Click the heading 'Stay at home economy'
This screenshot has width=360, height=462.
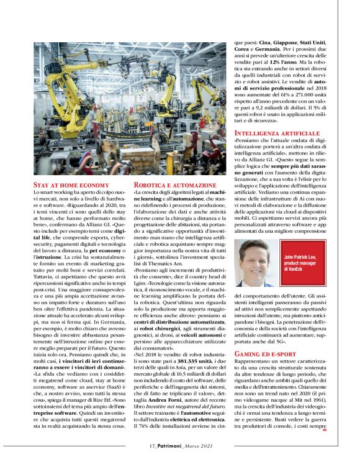click(70, 184)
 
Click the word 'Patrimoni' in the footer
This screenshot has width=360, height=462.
click(171, 445)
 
